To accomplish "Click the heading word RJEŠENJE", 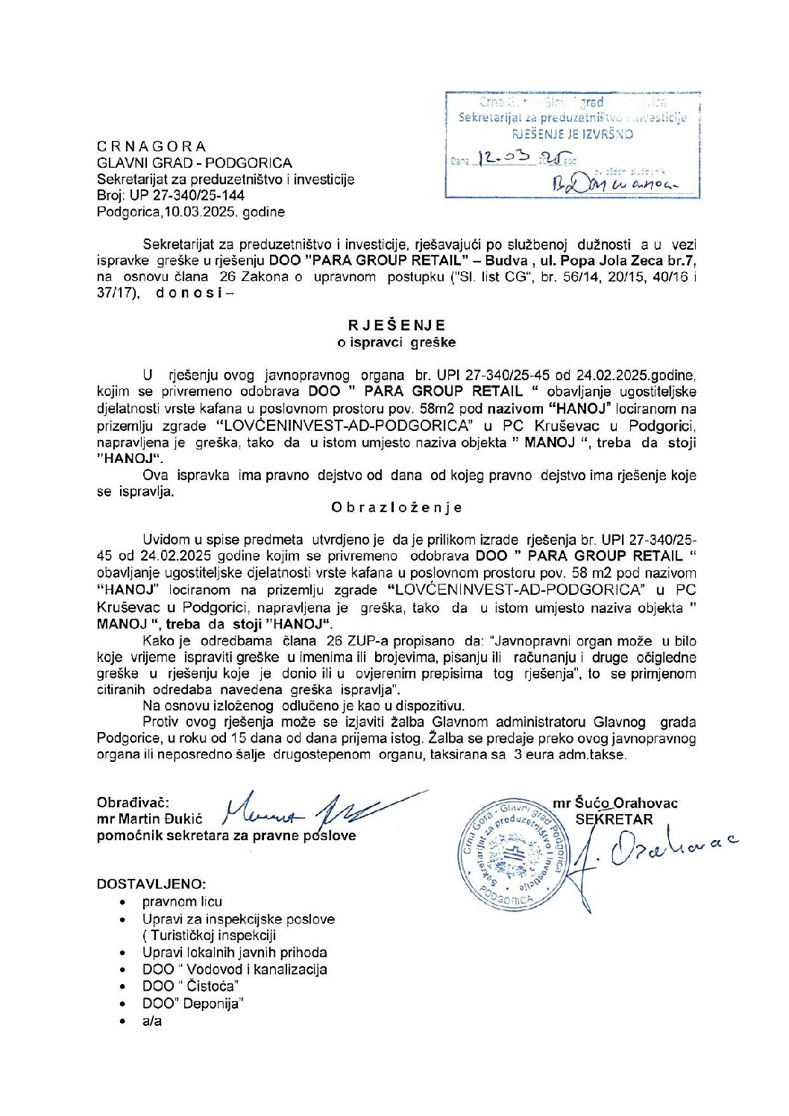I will coord(396,325).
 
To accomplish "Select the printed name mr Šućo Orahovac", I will coord(615,803).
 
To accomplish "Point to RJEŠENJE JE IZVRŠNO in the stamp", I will coord(572,134).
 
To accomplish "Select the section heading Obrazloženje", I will coord(396,508).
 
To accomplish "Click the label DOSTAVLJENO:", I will coord(151,884).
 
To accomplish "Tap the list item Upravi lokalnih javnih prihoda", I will coord(235,952).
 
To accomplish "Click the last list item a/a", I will coord(152,1021).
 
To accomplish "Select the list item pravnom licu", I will coord(182,901).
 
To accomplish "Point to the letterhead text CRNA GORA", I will coord(151,146).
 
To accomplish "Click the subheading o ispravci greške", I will coord(396,342).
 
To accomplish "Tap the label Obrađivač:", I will coord(133,803).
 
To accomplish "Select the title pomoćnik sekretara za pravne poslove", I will coord(226,836).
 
